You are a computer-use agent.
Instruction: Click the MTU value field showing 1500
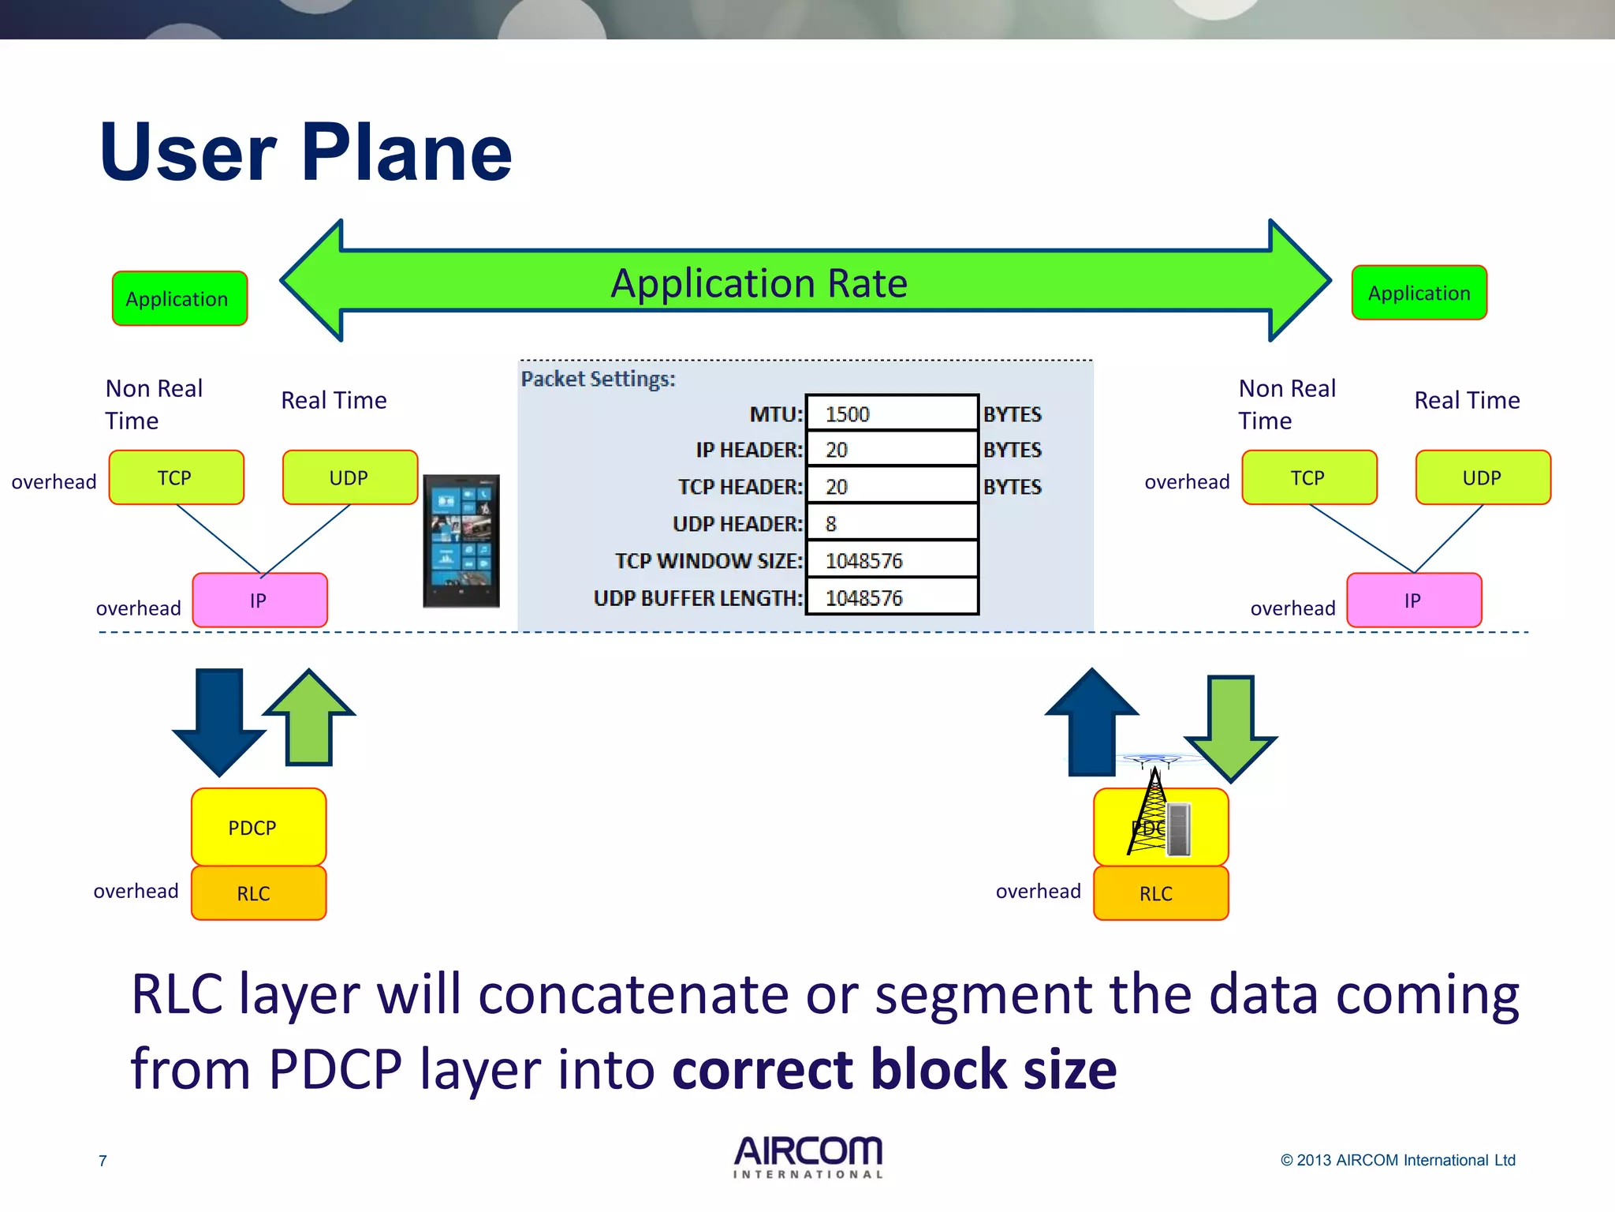[x=891, y=413]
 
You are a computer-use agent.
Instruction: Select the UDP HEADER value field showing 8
[x=891, y=523]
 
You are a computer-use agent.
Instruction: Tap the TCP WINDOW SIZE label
[x=708, y=561]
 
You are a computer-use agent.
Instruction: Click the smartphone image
[x=461, y=541]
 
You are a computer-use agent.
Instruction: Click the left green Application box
[x=179, y=299]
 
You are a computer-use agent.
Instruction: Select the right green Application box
[x=1419, y=294]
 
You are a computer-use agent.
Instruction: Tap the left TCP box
[x=176, y=477]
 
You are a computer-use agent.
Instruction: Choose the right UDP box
[x=1483, y=477]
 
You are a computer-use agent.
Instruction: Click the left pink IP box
[x=259, y=600]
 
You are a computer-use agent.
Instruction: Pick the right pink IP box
[x=1413, y=600]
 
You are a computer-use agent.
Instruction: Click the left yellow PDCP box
[x=258, y=827]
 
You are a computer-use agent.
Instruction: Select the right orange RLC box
[x=1160, y=893]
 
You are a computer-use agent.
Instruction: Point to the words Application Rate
[x=759, y=282]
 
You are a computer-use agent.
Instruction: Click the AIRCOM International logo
[x=807, y=1157]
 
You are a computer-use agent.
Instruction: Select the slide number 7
[x=103, y=1160]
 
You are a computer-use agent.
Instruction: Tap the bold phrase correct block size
[x=894, y=1069]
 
